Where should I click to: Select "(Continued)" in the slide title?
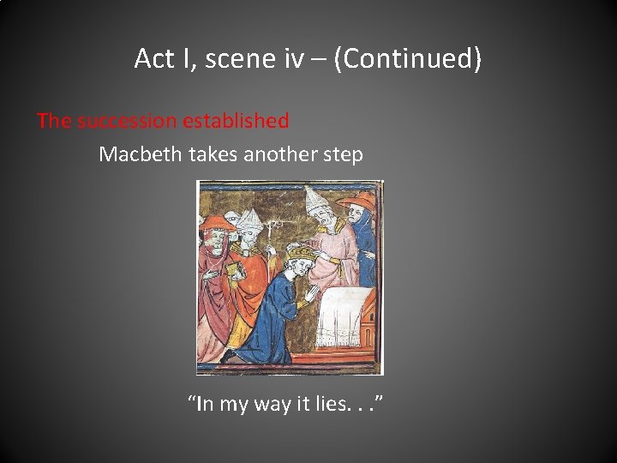click(x=408, y=58)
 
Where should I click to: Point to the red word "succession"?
click(x=126, y=121)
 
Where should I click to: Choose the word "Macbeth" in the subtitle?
click(x=137, y=154)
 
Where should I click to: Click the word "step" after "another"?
click(x=344, y=155)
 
